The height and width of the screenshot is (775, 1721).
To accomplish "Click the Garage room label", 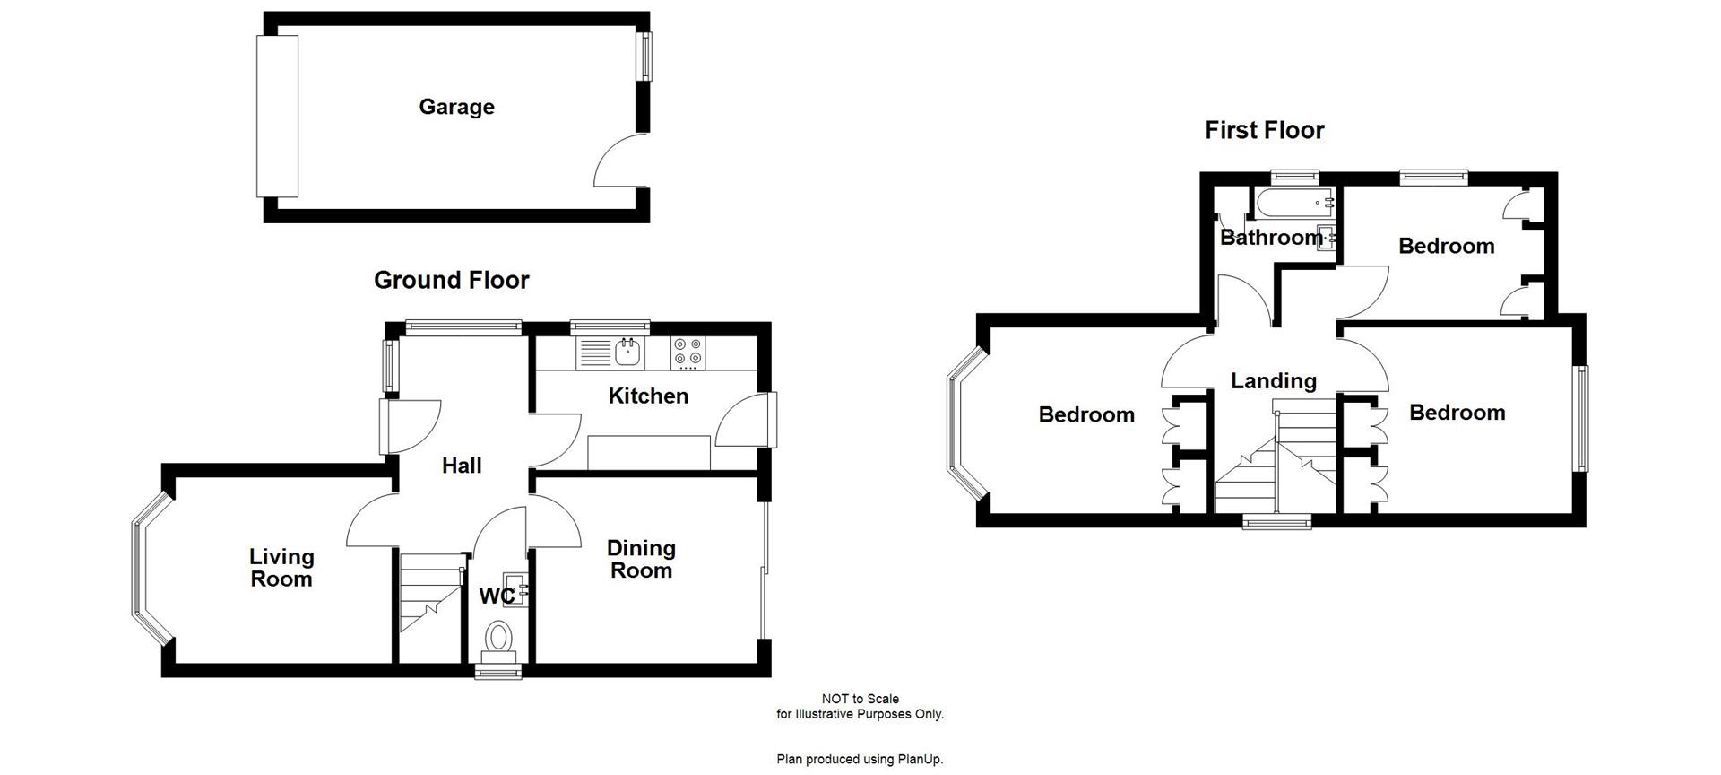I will click(x=456, y=107).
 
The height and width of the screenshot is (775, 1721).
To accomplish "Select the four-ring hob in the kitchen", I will click(x=688, y=353).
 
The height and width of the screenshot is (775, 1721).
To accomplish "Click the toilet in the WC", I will click(x=498, y=639).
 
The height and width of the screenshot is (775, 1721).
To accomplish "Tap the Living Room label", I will click(x=281, y=568).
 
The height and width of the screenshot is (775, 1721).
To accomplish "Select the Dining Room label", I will click(x=641, y=559).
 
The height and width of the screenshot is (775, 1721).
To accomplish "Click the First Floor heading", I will click(x=1264, y=131).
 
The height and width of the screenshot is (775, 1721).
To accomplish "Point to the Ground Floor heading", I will click(x=451, y=281).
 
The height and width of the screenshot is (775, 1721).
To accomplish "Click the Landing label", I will click(x=1273, y=381).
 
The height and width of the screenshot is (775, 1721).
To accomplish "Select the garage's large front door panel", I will click(x=277, y=116).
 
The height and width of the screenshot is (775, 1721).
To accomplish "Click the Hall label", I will click(x=462, y=466).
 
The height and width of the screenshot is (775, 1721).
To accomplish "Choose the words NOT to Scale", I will click(x=860, y=699).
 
